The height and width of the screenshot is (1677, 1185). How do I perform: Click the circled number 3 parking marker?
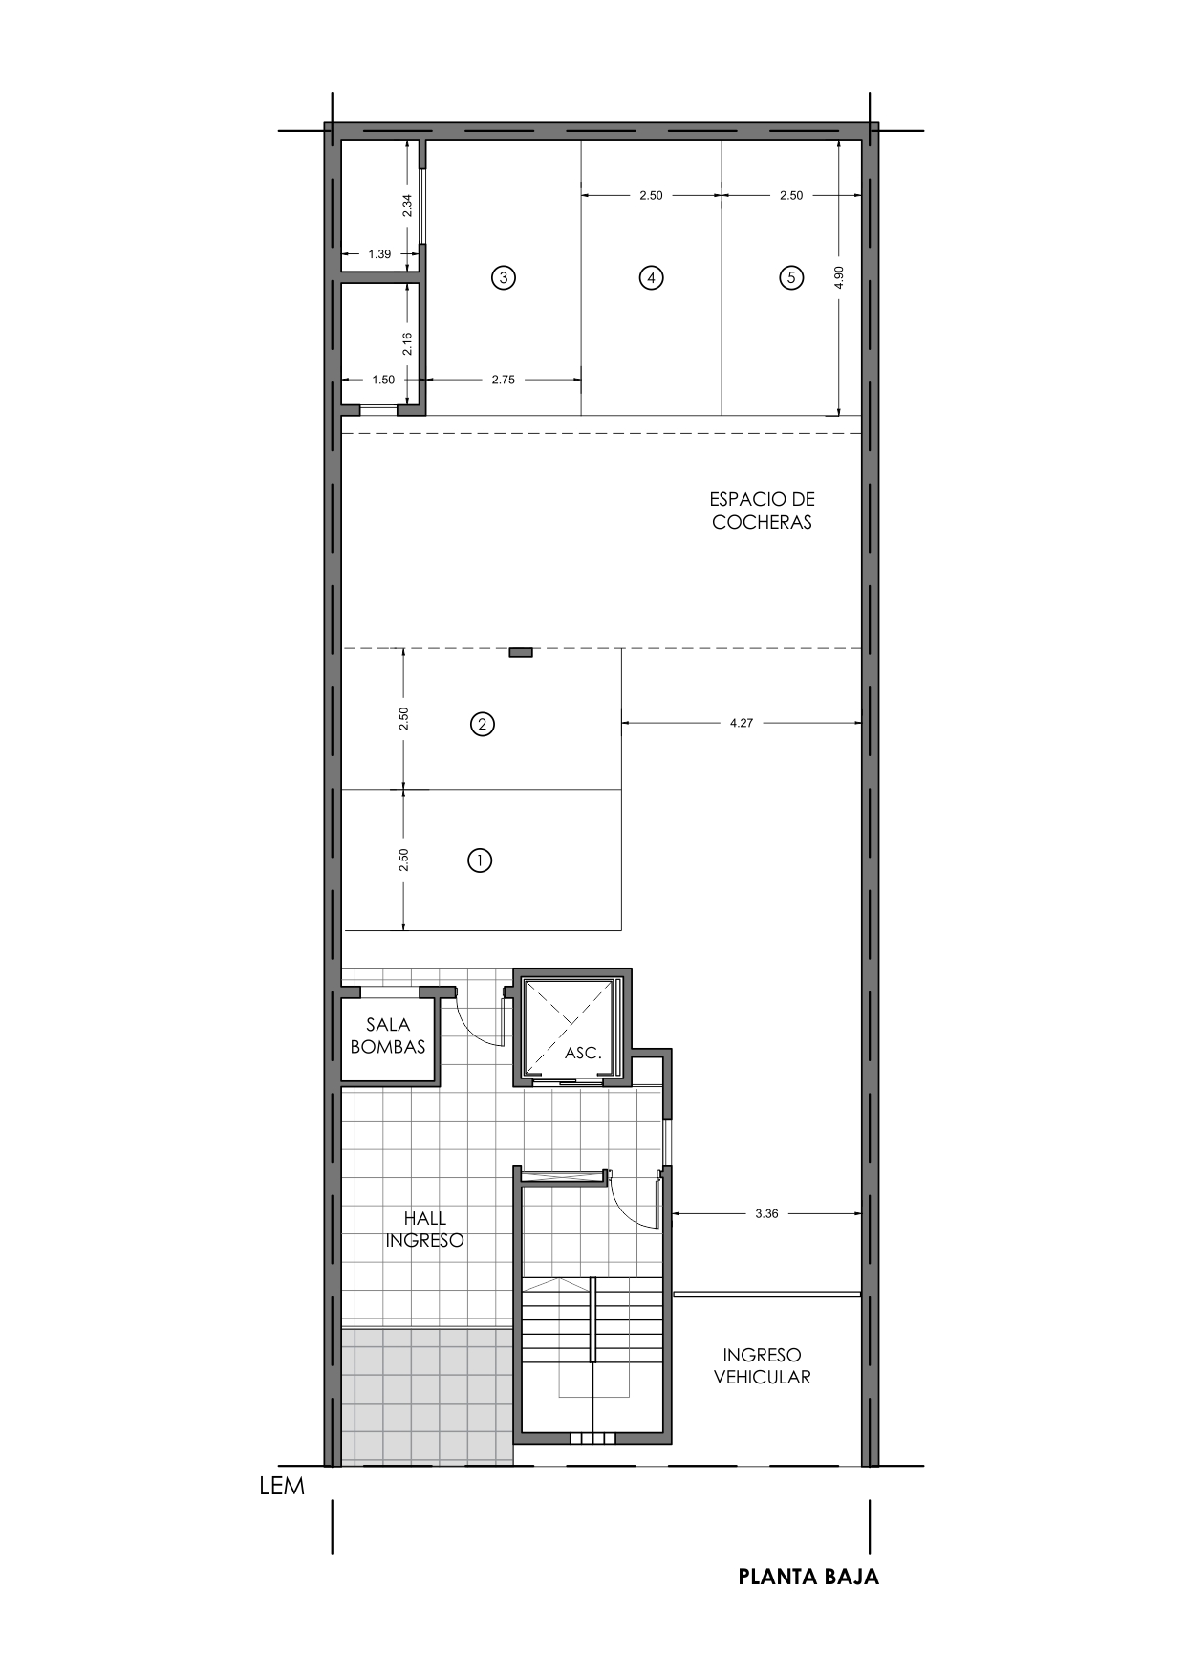[504, 278]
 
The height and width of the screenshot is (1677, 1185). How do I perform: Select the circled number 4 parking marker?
[651, 278]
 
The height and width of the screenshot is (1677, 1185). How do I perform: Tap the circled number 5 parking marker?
[791, 278]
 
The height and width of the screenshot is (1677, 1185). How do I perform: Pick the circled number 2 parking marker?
[483, 724]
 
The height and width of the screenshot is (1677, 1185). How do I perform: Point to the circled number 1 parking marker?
[480, 860]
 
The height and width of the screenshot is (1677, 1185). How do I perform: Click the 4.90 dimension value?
[839, 277]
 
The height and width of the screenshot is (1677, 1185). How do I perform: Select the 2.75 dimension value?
[504, 380]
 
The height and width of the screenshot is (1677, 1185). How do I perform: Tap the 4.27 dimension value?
[742, 723]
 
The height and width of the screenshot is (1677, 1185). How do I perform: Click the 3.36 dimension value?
[766, 1213]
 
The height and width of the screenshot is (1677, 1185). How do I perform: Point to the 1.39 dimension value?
[379, 254]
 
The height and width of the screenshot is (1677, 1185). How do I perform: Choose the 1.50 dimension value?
[383, 380]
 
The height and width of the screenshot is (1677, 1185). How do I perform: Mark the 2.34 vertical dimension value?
[407, 206]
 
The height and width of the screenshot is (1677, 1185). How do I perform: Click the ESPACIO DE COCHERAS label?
[762, 511]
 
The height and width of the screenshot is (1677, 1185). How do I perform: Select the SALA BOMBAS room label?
[388, 1035]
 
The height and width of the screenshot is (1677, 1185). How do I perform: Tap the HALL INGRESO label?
[425, 1230]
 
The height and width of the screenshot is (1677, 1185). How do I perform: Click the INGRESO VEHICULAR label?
[762, 1366]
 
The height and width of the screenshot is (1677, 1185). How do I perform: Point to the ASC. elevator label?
[583, 1053]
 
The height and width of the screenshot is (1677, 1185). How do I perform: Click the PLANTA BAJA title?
[808, 1577]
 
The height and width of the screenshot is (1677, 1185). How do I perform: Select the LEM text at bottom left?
[282, 1487]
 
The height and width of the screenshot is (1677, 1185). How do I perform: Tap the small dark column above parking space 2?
[521, 652]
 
